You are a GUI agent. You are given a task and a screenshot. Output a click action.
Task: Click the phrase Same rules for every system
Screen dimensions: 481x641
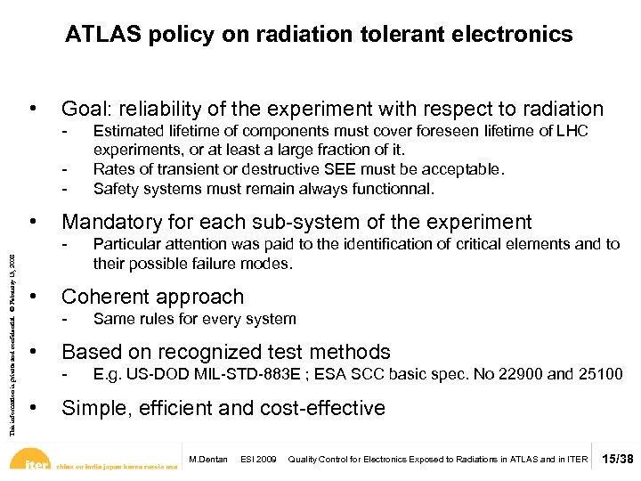tap(194, 319)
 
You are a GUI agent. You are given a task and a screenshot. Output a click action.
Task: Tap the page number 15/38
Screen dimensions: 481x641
tap(616, 459)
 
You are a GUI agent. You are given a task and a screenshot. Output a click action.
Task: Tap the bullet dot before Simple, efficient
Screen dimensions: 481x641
tap(33, 407)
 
